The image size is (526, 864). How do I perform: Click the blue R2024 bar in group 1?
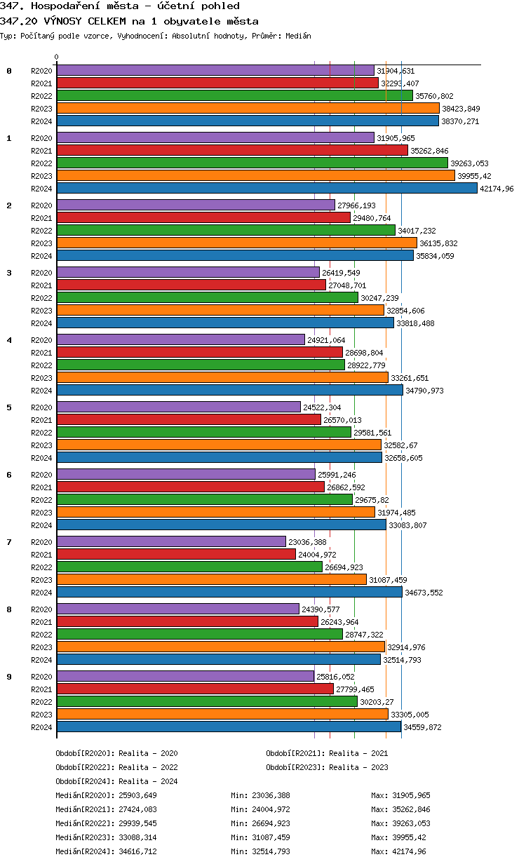pos(267,188)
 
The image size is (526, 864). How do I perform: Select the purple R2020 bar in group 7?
pos(171,541)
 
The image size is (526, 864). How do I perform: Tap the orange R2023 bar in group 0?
pos(248,108)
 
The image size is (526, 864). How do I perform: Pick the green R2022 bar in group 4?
pos(201,365)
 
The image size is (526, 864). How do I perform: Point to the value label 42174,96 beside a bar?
pos(497,189)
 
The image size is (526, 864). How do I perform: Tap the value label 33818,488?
pos(415,323)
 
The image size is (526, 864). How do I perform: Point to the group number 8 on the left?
pos(9,609)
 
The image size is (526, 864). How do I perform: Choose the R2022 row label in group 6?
pos(41,500)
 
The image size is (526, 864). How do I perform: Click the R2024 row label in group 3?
pos(41,323)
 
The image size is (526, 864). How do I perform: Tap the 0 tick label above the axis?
pos(57,57)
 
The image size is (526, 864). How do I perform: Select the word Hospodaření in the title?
pos(57,6)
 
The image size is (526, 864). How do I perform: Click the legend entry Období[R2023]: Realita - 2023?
pos(327,767)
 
